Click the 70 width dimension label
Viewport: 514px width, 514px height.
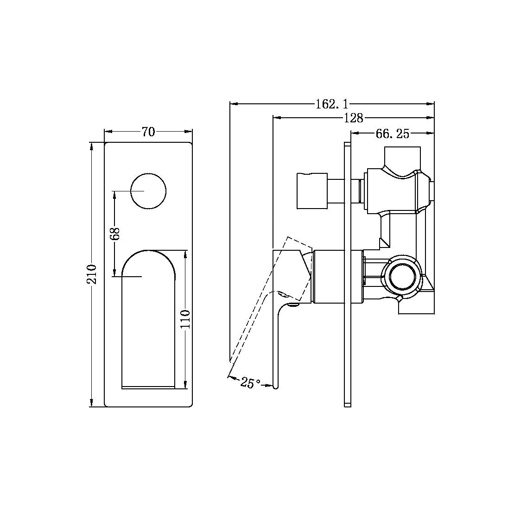click(148, 132)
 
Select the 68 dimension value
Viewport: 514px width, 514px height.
click(116, 233)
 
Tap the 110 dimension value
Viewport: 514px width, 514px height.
click(185, 319)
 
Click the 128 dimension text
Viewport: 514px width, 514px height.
click(353, 118)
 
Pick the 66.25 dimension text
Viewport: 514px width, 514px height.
click(392, 134)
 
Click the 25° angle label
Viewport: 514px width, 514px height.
click(251, 383)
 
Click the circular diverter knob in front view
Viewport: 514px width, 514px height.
click(148, 191)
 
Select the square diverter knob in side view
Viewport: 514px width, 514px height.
click(311, 191)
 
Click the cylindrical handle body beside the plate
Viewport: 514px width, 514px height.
click(330, 277)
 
